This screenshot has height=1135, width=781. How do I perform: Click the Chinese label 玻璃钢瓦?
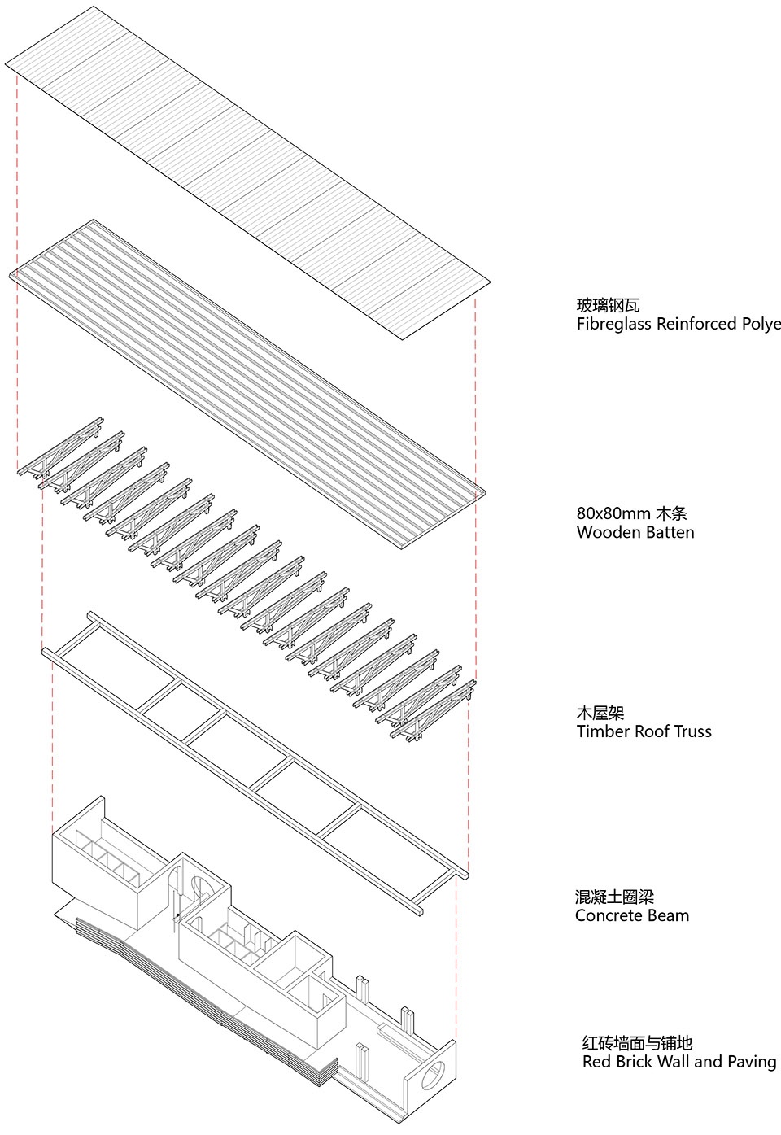608,306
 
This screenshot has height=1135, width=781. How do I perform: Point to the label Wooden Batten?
635,533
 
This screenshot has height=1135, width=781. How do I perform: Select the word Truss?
691,731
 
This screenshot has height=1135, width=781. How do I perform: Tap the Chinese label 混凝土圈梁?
614,897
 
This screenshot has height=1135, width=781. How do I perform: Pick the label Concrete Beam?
632,915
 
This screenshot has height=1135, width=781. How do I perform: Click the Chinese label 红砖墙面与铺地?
637,1043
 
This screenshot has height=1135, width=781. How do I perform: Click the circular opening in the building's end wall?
434,1075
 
